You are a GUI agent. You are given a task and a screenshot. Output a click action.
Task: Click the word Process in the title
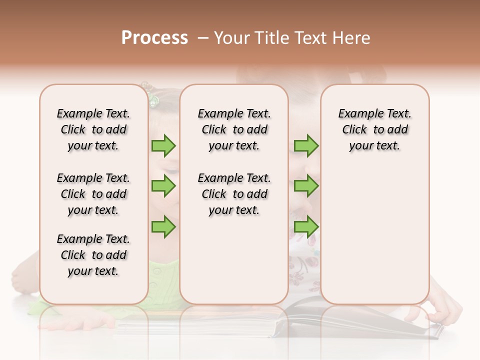coord(154,38)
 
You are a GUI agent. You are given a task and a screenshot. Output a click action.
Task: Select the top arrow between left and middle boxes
coord(163,145)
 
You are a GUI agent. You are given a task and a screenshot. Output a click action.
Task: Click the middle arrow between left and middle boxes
coord(163,186)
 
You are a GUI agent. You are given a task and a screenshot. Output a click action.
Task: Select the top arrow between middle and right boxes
coord(306,145)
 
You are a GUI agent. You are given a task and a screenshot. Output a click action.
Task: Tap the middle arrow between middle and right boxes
coord(306,186)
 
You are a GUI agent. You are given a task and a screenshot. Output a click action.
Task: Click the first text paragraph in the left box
coord(93,129)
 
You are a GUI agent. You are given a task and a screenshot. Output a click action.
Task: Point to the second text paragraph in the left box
coord(93,194)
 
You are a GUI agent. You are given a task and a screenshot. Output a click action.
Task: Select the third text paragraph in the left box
coord(93,255)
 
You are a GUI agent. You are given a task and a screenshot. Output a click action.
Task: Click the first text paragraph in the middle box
coord(234,129)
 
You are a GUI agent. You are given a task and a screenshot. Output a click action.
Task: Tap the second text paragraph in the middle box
coord(234,194)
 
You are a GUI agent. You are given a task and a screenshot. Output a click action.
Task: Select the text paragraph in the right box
coord(374,129)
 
